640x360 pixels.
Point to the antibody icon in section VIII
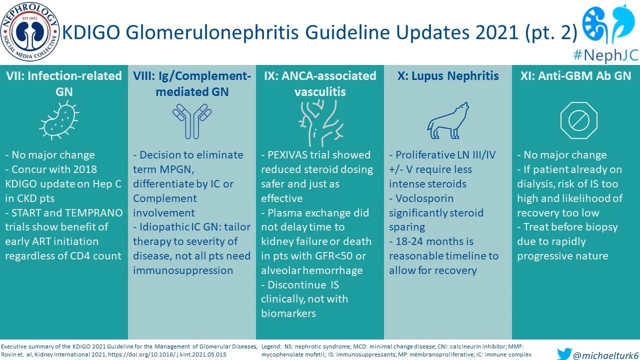(x=191, y=120)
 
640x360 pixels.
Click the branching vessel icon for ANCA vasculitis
(x=320, y=120)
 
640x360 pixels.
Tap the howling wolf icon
(x=448, y=120)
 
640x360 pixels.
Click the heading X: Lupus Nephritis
(x=448, y=76)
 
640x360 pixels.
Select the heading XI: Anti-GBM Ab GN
(x=575, y=76)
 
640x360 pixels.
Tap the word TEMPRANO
(x=94, y=213)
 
